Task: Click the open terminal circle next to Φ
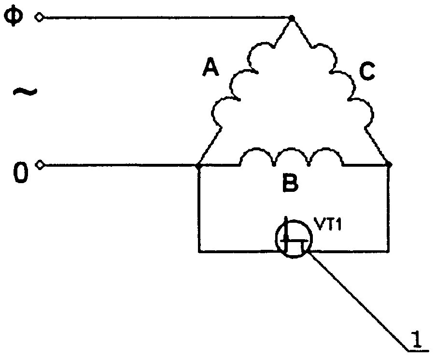pos(39,18)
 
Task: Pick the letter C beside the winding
pos(367,72)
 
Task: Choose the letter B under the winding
pos(290,185)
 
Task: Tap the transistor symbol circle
pos(294,238)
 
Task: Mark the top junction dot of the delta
pos(292,18)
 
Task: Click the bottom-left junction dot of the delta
pos(199,165)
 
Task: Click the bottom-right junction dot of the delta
pos(390,165)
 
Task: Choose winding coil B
pos(293,157)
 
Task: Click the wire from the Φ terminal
pos(164,18)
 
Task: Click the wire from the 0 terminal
pos(121,165)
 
